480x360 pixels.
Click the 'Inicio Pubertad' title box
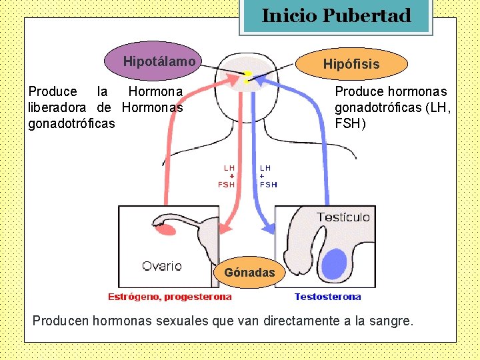336,16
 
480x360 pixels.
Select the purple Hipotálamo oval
159,61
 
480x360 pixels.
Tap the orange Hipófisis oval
351,64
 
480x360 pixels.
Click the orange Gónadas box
250,272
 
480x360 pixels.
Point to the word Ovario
161,265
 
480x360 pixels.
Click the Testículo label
343,217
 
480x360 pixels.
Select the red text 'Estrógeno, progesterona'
170,297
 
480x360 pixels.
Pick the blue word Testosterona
327,297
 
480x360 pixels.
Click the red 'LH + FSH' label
227,176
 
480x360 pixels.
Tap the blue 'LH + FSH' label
268,176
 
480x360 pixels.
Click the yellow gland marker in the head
247,77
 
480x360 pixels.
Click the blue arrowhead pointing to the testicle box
268,229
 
